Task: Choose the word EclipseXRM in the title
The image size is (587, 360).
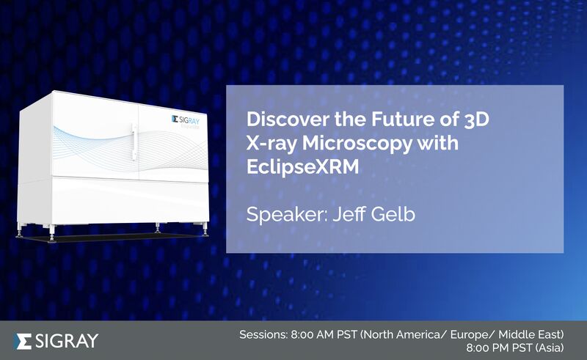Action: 302,167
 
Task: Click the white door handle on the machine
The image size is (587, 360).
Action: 134,142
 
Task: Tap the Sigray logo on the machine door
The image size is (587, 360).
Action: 186,120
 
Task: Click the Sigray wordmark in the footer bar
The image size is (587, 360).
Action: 67,341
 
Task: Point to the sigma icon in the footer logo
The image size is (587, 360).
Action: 23,341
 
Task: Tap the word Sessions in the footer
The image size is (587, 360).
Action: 263,334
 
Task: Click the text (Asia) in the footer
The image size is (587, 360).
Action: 550,348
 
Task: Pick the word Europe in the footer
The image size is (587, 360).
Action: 472,334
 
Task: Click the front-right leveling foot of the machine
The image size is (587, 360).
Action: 205,230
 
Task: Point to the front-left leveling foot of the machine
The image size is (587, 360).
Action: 52,235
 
